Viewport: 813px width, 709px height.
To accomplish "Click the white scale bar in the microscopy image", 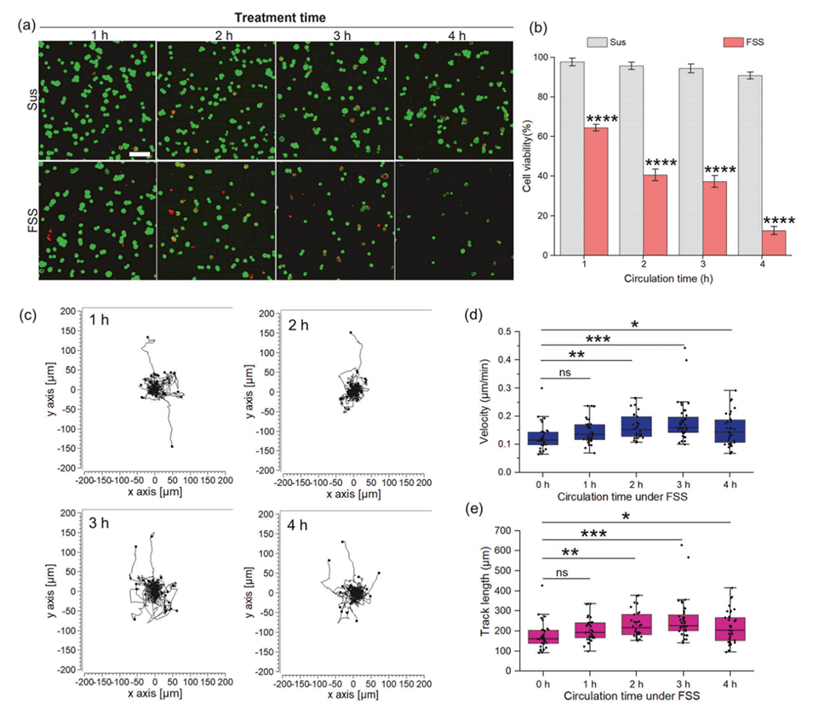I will coord(140,154).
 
